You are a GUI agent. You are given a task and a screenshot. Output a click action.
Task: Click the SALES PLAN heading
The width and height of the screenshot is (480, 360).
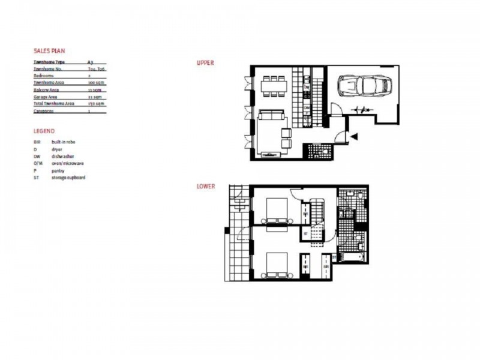[x=50, y=51]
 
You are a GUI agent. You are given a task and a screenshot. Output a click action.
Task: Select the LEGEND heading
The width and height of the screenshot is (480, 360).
[x=44, y=131]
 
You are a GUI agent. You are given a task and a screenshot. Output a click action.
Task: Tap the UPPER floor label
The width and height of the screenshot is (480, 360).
[x=205, y=62]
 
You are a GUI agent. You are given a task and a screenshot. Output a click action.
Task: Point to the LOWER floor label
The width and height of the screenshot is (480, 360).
[x=206, y=187]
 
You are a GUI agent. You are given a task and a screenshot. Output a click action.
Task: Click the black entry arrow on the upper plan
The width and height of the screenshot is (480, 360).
[x=355, y=137]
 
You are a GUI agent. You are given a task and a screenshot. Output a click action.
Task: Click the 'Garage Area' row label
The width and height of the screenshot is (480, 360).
[x=46, y=97]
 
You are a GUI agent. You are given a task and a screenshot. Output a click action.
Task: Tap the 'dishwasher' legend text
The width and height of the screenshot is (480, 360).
[x=63, y=156]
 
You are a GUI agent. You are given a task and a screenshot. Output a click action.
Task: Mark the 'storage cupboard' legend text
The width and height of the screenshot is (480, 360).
[x=68, y=178]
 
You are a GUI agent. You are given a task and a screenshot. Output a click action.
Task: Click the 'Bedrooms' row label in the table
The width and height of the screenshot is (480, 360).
[x=44, y=76]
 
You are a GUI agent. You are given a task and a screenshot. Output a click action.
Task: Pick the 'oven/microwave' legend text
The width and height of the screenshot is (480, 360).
[x=67, y=163]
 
